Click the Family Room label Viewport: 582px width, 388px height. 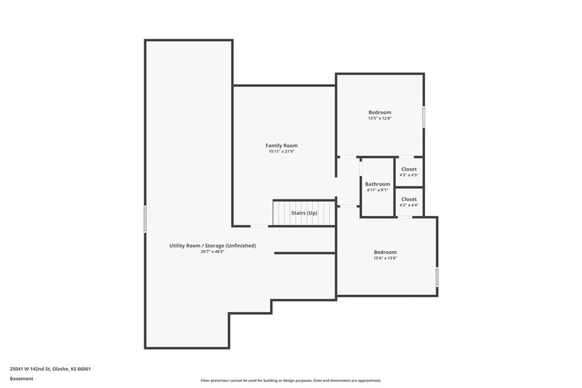pos(281,146)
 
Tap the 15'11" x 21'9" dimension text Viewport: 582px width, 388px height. pos(281,152)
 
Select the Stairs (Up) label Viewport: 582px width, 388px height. pos(304,213)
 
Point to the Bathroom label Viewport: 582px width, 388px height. pos(377,184)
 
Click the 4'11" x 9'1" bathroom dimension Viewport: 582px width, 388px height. pos(377,190)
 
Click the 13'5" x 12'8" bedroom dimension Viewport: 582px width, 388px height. pos(380,118)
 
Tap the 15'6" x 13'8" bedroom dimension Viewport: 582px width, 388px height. pos(385,258)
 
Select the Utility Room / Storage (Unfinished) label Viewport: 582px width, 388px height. pos(213,246)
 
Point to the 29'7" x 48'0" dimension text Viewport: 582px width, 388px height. pos(213,251)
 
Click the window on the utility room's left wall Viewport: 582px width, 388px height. pos(145,219)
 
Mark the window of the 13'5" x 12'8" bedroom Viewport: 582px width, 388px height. pos(424,117)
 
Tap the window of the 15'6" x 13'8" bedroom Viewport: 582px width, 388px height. pos(437,276)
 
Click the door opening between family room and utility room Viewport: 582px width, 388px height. pos(259,226)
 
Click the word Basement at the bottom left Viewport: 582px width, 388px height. pos(22,379)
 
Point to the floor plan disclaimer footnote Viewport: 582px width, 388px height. pos(291,381)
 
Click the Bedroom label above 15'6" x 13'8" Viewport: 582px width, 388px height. pos(385,252)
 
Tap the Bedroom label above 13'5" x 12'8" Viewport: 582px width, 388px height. pos(380,112)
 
